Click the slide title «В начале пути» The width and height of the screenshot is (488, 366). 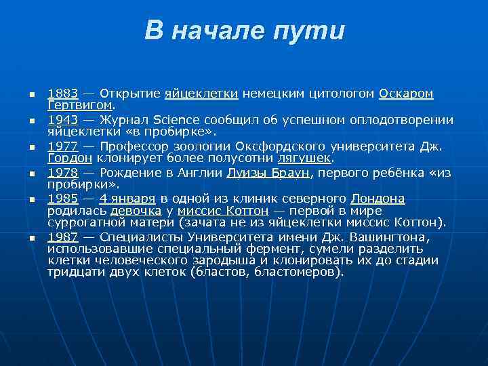pos(244,31)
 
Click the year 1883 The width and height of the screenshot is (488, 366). pos(62,93)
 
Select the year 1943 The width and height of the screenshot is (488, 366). pos(62,120)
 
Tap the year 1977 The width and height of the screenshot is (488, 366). pos(62,146)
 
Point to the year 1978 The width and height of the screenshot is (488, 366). pos(62,173)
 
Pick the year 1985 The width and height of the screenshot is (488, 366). pos(62,199)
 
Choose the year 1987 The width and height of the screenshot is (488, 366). pos(62,237)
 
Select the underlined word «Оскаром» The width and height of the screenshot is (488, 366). pos(406,93)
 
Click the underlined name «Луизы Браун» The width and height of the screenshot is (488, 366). pos(267,173)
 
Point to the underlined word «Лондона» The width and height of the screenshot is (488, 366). pos(378,199)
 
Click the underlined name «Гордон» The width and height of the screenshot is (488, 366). pos(70,158)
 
